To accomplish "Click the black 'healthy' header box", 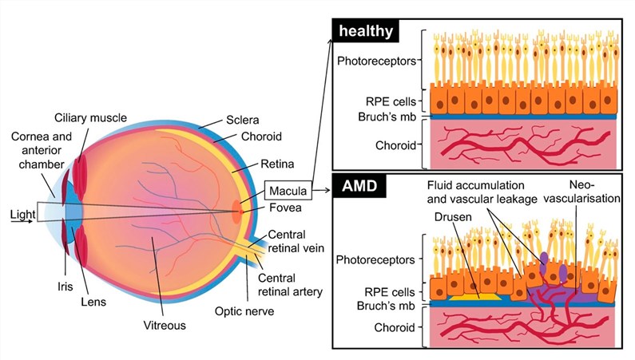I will [366, 30].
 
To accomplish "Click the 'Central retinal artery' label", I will [290, 285].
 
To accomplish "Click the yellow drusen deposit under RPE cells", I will [478, 297].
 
